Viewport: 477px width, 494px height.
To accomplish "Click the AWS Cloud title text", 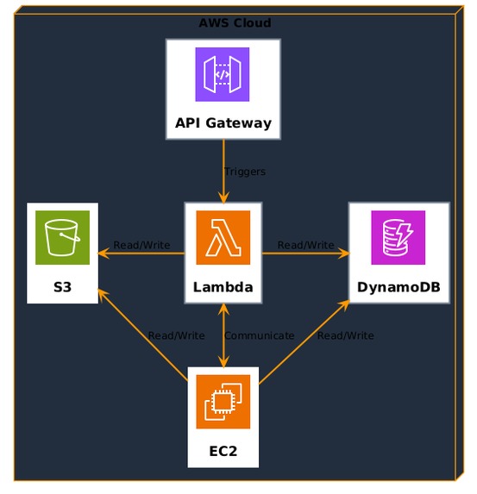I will (235, 23).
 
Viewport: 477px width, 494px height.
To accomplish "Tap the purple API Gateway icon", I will (223, 74).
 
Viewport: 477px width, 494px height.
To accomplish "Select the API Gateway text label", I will (223, 122).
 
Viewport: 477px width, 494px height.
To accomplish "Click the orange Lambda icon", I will (223, 237).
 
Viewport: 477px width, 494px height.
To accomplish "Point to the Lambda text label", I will (223, 286).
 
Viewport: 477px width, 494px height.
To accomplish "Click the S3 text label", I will (62, 286).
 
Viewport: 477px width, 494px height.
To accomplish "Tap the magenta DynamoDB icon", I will (399, 237).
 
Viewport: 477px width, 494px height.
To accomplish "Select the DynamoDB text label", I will (399, 286).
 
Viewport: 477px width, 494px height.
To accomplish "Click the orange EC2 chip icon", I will (223, 401).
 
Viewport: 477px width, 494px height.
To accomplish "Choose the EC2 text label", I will (223, 450).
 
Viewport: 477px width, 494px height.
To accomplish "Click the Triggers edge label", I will (244, 172).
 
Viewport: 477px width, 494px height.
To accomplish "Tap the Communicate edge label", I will (259, 335).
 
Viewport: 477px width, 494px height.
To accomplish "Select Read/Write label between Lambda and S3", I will (141, 245).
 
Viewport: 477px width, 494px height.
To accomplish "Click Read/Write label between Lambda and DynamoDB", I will (305, 245).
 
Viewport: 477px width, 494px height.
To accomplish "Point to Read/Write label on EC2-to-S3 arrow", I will (176, 335).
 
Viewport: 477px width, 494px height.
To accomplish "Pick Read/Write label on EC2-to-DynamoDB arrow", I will (345, 335).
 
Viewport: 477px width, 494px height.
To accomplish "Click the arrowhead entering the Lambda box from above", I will (223, 197).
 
